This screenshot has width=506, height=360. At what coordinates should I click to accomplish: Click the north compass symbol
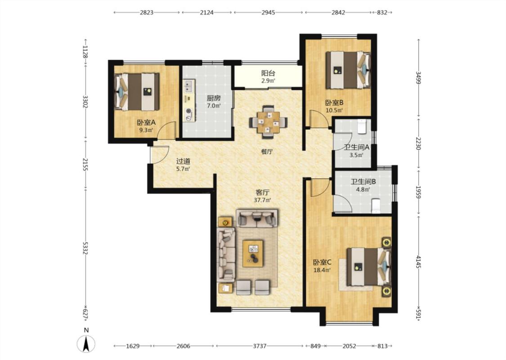pos(86,343)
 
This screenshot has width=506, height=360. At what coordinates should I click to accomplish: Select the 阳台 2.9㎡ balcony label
pos(268,76)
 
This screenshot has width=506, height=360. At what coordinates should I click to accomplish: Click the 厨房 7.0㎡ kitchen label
pos(214,102)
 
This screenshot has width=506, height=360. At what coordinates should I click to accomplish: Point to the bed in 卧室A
pos(137,92)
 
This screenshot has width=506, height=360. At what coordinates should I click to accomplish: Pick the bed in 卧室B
pos(348,70)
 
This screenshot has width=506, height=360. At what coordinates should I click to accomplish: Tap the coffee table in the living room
pos(253,253)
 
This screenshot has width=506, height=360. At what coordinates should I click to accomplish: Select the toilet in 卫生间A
pos(362,126)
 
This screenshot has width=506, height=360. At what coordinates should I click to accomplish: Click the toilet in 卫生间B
pos(376,206)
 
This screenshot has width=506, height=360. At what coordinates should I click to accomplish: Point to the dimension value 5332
pos(85,248)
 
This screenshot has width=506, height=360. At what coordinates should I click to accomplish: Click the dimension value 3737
pos(260,346)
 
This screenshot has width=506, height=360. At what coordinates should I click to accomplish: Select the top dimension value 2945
pos(268,13)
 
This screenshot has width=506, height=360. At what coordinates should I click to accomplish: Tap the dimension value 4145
pos(419,261)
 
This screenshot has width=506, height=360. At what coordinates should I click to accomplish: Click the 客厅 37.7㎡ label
pos(262,196)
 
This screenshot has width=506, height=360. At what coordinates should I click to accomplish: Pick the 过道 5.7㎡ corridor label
pos(183,164)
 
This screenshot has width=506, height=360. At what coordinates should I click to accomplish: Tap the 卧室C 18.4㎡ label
pos(322,266)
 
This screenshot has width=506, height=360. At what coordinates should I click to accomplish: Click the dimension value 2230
pos(419,144)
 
